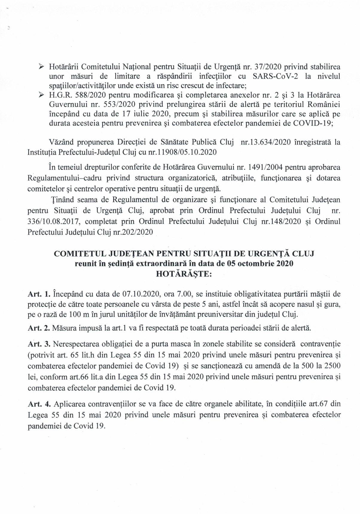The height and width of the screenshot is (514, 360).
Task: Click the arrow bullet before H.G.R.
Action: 42,95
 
